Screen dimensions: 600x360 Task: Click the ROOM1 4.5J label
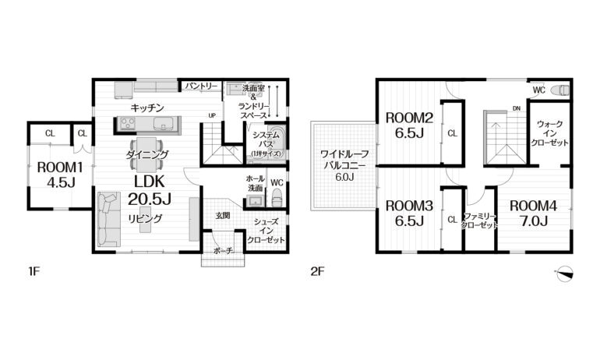tap(60, 175)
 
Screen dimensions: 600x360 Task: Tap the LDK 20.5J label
tap(150, 189)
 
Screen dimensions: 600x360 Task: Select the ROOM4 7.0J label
tap(534, 213)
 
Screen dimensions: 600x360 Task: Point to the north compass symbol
tap(564, 274)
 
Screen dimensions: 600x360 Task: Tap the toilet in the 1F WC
tap(277, 198)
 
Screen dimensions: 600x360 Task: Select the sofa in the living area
tap(108, 219)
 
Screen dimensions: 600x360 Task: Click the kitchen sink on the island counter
tap(163, 124)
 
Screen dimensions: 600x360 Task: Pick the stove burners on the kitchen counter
tap(128, 124)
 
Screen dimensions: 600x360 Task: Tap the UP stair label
tap(212, 115)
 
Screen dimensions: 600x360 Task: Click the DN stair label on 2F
tap(517, 108)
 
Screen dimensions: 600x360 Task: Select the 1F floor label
tap(34, 272)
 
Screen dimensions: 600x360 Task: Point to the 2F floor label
tap(318, 272)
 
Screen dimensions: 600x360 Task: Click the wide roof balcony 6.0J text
tap(344, 166)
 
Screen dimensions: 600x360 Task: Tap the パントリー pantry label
tap(201, 86)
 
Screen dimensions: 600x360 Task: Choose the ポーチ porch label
tap(224, 251)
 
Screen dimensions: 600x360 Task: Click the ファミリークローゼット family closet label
tap(479, 221)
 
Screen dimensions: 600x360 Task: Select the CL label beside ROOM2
tap(452, 133)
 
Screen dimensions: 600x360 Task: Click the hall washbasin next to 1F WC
tap(254, 200)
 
